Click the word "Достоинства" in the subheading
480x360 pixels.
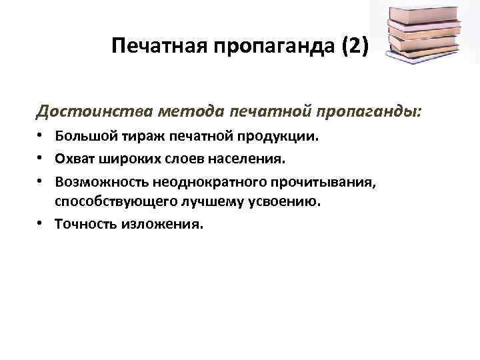coord(87,110)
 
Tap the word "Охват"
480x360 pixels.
coord(74,159)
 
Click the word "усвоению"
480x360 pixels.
coord(291,201)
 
